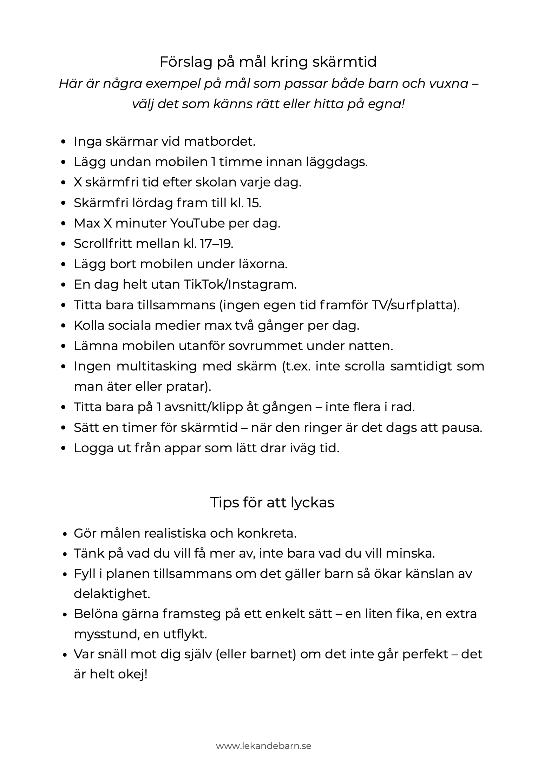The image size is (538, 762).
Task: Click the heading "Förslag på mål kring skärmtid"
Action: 268,62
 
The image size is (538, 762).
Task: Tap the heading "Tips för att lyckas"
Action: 272,502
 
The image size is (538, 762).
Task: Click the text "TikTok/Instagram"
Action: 240,284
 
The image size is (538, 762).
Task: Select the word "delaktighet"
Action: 112,594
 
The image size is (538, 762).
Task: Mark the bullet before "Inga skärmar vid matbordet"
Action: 64,142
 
